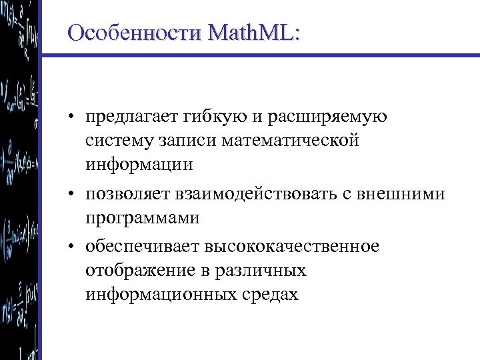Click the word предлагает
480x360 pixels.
coord(127,119)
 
